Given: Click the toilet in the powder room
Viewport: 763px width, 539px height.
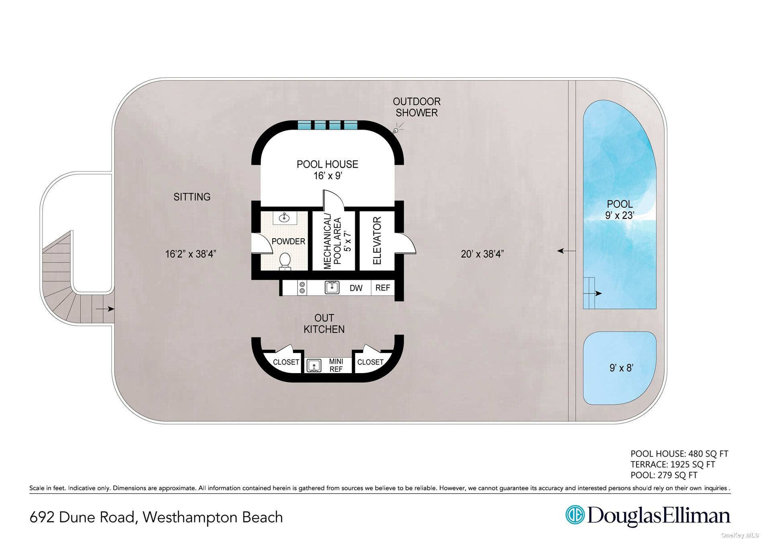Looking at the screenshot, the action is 285,261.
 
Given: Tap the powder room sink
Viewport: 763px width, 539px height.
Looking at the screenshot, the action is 285,218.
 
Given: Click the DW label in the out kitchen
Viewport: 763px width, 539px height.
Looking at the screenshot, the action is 356,288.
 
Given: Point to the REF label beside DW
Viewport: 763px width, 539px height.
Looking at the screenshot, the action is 382,288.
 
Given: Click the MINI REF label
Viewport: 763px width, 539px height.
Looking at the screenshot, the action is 336,365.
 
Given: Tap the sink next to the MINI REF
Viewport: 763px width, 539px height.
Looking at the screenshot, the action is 314,365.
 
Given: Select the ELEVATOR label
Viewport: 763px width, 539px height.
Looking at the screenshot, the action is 377,241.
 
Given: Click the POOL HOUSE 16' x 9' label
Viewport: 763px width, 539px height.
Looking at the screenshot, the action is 327,170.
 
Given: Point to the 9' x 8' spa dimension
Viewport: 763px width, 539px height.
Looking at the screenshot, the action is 621,367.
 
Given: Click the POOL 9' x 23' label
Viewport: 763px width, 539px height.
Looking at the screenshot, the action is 620,210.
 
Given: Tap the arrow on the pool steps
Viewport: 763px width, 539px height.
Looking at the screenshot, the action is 598,294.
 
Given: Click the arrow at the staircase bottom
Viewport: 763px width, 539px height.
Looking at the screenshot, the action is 105,309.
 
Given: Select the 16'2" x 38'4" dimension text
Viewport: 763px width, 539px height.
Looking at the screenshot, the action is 191,254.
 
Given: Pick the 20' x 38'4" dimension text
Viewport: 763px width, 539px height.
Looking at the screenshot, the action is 482,254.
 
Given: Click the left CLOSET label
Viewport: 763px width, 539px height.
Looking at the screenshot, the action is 286,362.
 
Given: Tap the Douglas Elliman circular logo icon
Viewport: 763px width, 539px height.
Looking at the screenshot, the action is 575,515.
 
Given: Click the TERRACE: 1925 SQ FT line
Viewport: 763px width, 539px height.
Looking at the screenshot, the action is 673,464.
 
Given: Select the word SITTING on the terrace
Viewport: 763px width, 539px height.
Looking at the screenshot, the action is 192,197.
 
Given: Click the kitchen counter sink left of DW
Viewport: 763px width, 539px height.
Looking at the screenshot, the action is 332,287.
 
